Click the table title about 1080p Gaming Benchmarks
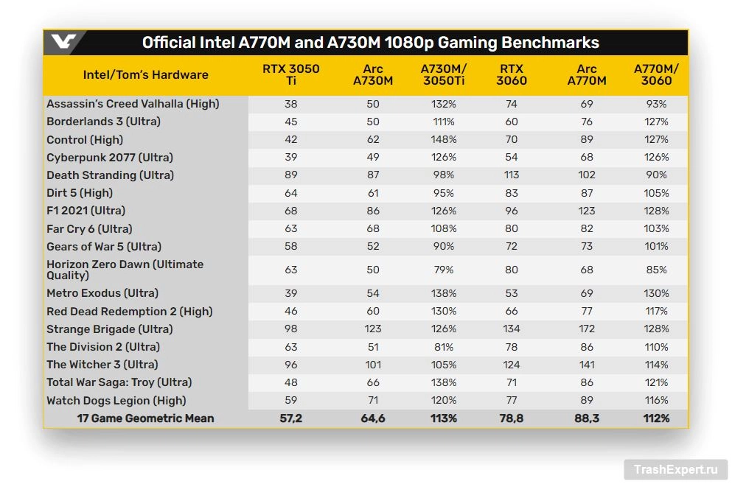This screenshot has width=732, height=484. [370, 42]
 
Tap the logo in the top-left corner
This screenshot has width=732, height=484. [63, 42]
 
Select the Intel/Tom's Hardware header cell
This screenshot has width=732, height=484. [145, 74]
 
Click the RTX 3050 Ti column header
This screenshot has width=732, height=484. [291, 74]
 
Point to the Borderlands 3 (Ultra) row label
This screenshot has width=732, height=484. [103, 122]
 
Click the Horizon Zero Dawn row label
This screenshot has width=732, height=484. [125, 270]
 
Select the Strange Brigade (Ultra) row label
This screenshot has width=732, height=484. [109, 329]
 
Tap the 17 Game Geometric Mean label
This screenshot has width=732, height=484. [145, 418]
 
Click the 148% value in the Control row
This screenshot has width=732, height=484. [444, 140]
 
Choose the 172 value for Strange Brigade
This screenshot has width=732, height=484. [586, 329]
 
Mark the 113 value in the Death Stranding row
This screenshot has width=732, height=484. [511, 175]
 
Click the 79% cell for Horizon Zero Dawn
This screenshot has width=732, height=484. [444, 270]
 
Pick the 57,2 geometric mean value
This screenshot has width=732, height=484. [290, 418]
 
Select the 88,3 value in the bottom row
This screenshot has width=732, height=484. [586, 418]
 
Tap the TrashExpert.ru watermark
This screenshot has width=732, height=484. [675, 469]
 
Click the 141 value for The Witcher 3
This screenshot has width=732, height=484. [586, 365]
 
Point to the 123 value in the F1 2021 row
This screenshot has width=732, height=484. [586, 211]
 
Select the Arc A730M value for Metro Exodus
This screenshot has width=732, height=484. [372, 293]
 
